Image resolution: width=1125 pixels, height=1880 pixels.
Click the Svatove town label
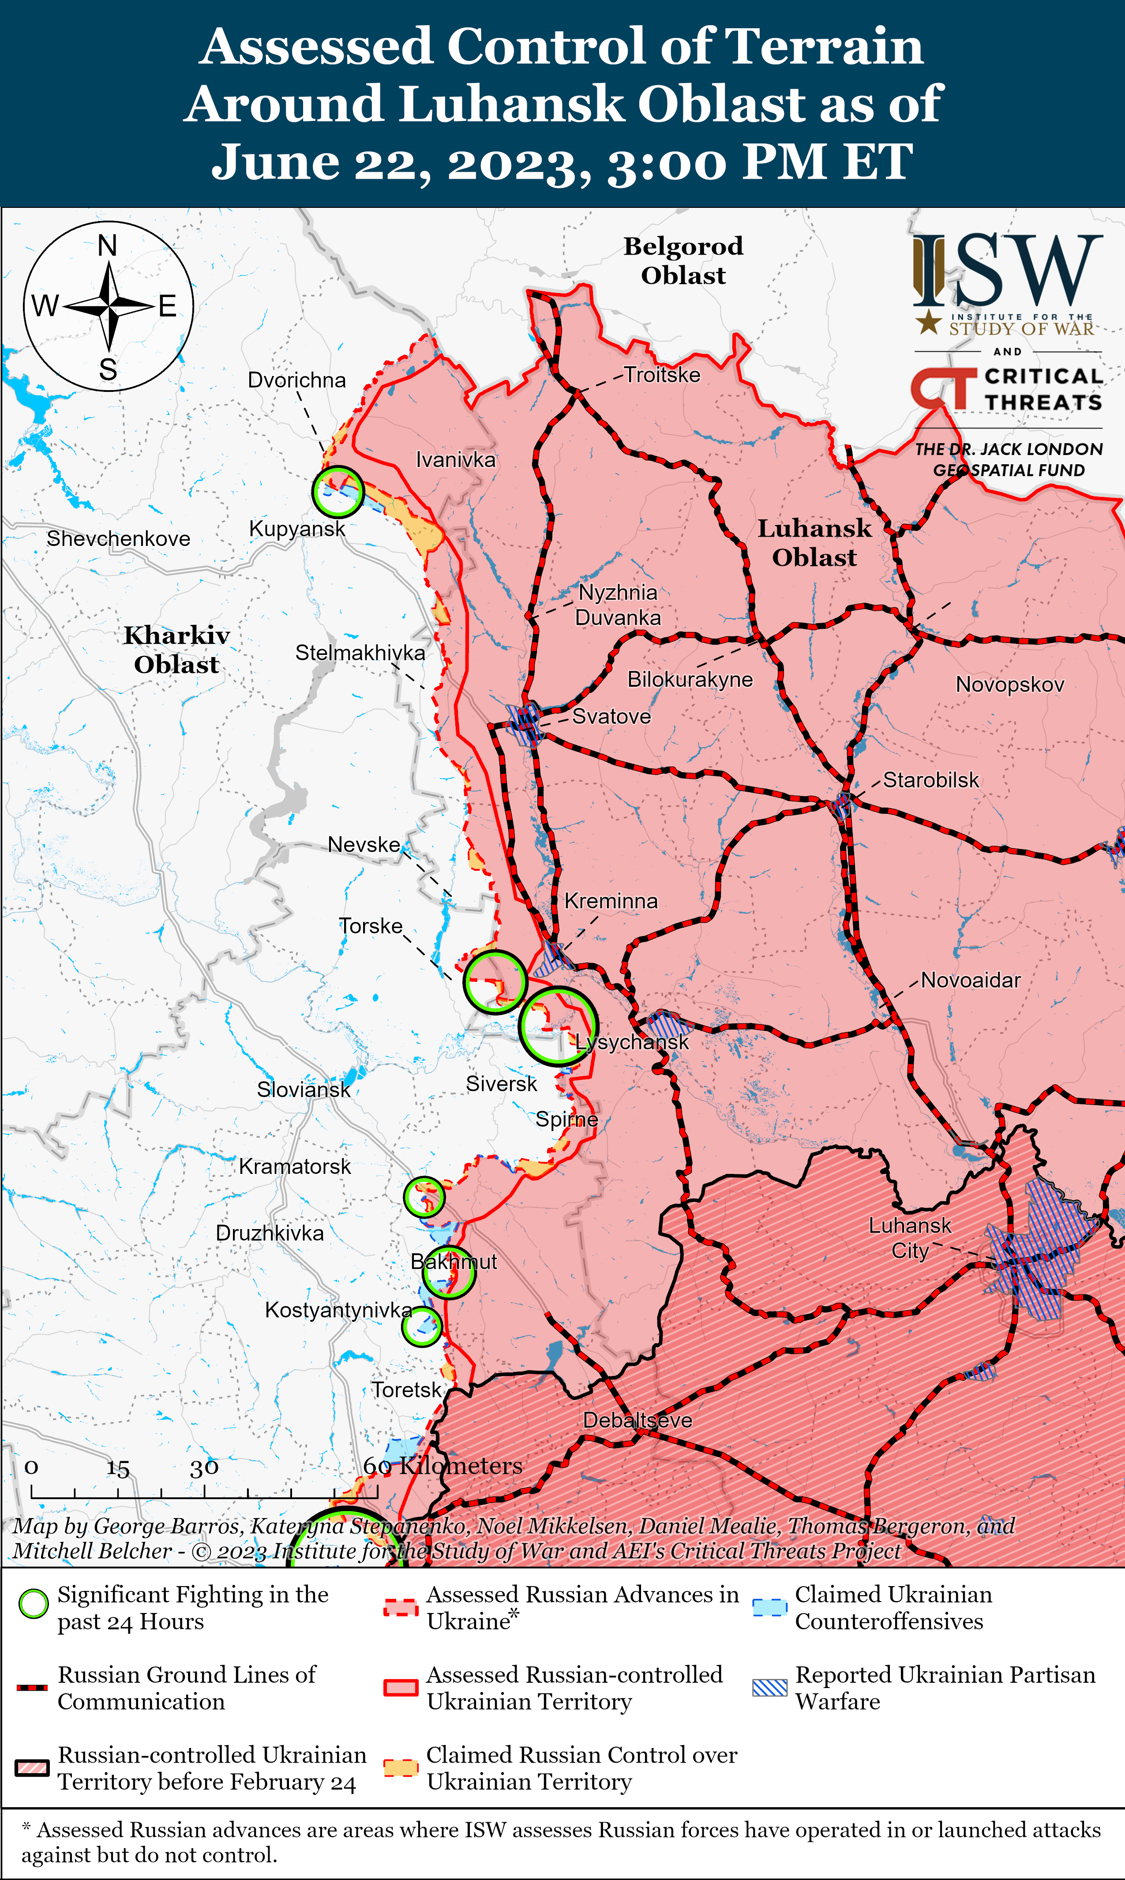tap(611, 717)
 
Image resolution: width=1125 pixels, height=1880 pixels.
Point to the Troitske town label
tap(662, 375)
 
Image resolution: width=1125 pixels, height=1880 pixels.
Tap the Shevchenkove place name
tap(118, 539)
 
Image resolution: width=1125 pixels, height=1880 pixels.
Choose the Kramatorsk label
tap(295, 1166)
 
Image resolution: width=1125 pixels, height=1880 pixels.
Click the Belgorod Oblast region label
tap(683, 260)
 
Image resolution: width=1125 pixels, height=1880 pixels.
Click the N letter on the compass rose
tap(108, 246)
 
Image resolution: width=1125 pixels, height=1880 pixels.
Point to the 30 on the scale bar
tap(204, 1467)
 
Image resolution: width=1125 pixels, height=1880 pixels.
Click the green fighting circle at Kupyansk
tap(337, 492)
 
